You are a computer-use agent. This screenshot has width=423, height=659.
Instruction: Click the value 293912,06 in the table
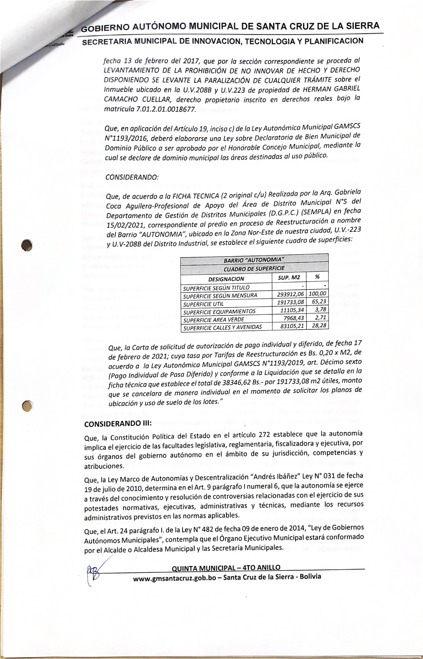click(290, 294)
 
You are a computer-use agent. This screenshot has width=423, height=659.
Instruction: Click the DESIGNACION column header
click(226, 279)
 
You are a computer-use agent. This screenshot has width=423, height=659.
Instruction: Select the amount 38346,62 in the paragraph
click(237, 383)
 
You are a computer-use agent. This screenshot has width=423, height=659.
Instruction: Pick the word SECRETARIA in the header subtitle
click(105, 43)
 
